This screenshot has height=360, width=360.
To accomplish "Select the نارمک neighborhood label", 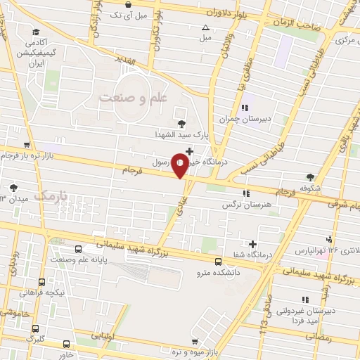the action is pyautogui.click(x=53, y=195).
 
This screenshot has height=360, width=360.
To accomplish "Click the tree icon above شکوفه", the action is pyautogui.click(x=310, y=177).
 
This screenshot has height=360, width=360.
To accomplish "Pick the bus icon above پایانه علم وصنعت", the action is pyautogui.click(x=78, y=250).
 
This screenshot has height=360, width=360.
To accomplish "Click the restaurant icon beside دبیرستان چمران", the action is pyautogui.click(x=245, y=108).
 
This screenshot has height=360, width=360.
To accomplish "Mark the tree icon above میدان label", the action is pyautogui.click(x=13, y=188).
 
